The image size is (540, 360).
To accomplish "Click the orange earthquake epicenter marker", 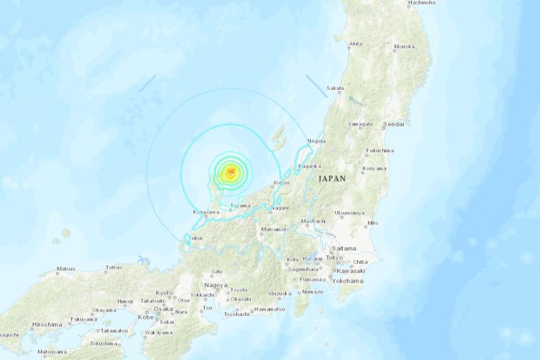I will [x=231, y=172].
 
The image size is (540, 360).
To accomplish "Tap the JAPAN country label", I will [x=332, y=179].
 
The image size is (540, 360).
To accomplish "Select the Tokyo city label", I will [x=333, y=258].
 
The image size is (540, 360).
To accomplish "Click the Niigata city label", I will [x=316, y=141].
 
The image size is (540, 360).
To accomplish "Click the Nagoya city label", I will [x=215, y=285].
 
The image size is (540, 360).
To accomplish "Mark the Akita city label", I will [x=355, y=44].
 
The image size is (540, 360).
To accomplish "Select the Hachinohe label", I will [x=421, y=3].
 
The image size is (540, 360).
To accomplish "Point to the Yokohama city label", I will [x=348, y=281].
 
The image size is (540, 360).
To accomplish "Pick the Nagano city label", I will [x=281, y=208].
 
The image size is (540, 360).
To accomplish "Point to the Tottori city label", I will [x=114, y=268].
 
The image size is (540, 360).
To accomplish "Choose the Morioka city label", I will [x=404, y=46].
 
